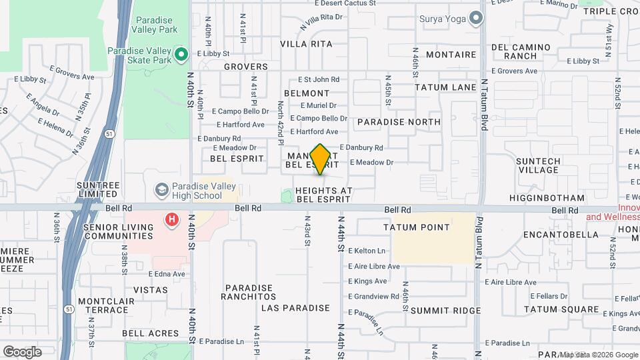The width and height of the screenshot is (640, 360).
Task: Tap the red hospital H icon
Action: click(x=173, y=219)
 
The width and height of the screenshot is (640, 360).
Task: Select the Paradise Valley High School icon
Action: click(x=161, y=191)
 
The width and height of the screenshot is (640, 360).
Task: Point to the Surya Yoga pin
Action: click(x=475, y=18)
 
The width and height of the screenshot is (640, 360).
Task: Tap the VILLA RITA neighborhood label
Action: click(x=306, y=44)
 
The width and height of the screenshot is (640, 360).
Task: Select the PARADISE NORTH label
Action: click(x=399, y=122)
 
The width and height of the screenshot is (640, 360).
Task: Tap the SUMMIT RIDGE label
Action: click(x=445, y=311)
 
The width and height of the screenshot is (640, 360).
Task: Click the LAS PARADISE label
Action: click(x=295, y=308)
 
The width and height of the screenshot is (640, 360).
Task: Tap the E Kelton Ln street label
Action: click(x=367, y=251)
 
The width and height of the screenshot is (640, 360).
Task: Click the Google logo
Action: click(x=22, y=351)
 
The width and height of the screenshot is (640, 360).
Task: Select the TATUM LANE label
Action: click(x=445, y=87)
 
